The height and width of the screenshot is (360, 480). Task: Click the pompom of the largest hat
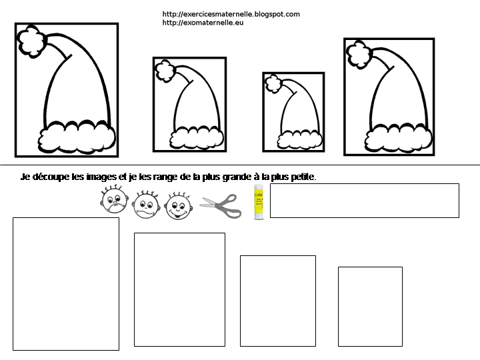tap(31, 41)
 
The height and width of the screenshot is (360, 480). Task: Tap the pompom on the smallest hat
tap(272, 84)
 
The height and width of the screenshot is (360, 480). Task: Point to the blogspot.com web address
tap(231, 14)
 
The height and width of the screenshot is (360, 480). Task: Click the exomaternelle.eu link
tap(203, 23)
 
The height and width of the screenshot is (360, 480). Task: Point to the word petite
tap(301, 177)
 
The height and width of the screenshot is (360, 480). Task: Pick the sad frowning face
tap(114, 201)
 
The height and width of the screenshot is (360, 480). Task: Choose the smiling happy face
tap(179, 206)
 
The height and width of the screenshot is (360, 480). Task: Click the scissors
tap(220, 205)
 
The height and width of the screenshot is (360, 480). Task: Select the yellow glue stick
tap(259, 203)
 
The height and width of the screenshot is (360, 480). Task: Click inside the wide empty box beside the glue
tap(364, 200)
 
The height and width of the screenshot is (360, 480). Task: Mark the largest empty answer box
tap(66, 283)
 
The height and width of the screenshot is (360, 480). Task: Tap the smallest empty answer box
tap(370, 306)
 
